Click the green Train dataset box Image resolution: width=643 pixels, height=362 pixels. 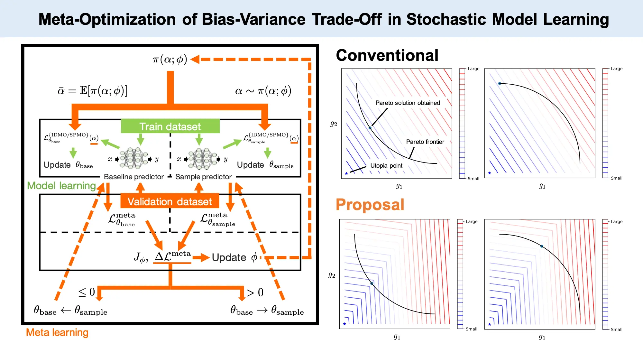170,126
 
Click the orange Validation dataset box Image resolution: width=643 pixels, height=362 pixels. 170,201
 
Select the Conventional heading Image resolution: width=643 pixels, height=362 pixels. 387,55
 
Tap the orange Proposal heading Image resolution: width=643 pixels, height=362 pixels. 370,205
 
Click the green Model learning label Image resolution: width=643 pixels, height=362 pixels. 61,186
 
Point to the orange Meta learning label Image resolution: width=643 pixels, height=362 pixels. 57,332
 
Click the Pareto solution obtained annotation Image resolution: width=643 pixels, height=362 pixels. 408,103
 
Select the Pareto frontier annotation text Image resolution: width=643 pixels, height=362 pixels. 425,142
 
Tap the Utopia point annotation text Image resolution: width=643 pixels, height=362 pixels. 386,166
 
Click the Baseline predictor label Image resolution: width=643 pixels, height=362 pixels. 134,177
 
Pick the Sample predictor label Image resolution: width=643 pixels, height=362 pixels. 203,177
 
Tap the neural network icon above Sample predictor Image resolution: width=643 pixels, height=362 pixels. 203,158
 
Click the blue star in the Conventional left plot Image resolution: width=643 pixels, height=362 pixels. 346,174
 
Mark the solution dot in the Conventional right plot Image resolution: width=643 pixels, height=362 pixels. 500,84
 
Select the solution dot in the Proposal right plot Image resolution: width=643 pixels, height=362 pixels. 542,246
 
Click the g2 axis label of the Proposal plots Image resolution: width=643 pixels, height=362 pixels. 332,275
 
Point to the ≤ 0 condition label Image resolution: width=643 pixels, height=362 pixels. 87,292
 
